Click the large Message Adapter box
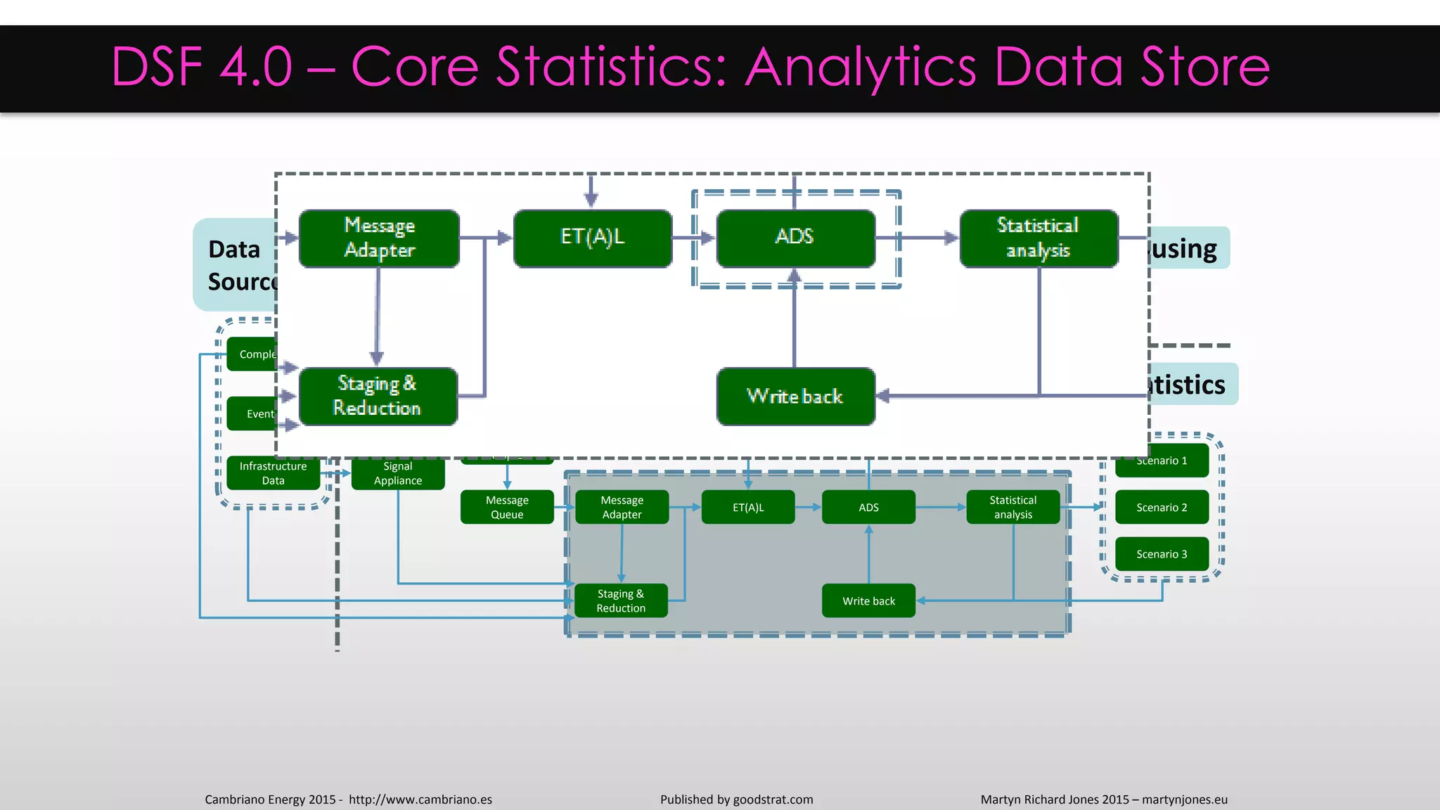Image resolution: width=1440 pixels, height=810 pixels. (x=379, y=238)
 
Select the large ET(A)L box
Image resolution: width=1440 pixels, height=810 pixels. (x=593, y=238)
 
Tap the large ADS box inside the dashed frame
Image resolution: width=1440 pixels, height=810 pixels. (x=795, y=238)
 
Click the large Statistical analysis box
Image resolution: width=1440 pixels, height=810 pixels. (x=1039, y=238)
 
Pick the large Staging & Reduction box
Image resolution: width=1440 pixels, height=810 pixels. (x=378, y=396)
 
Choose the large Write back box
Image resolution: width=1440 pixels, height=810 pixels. (x=795, y=396)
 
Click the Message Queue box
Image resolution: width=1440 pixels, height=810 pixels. (x=507, y=507)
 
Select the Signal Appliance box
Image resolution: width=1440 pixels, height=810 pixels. (x=398, y=473)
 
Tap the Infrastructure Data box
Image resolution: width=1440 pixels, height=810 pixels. (x=273, y=473)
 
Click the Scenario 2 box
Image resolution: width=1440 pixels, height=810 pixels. (x=1162, y=507)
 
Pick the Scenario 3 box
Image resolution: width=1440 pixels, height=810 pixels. (x=1162, y=554)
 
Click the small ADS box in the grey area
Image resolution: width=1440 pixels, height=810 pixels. (x=868, y=507)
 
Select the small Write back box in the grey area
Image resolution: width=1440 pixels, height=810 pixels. (x=868, y=600)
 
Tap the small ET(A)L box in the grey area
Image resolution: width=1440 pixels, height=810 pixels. (x=748, y=507)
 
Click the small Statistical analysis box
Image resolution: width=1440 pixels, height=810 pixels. (x=1012, y=507)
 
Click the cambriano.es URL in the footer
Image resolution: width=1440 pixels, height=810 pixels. (x=420, y=799)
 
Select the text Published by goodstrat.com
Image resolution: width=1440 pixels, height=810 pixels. (x=736, y=799)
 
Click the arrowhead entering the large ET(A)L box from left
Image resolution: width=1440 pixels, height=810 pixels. (x=504, y=238)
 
